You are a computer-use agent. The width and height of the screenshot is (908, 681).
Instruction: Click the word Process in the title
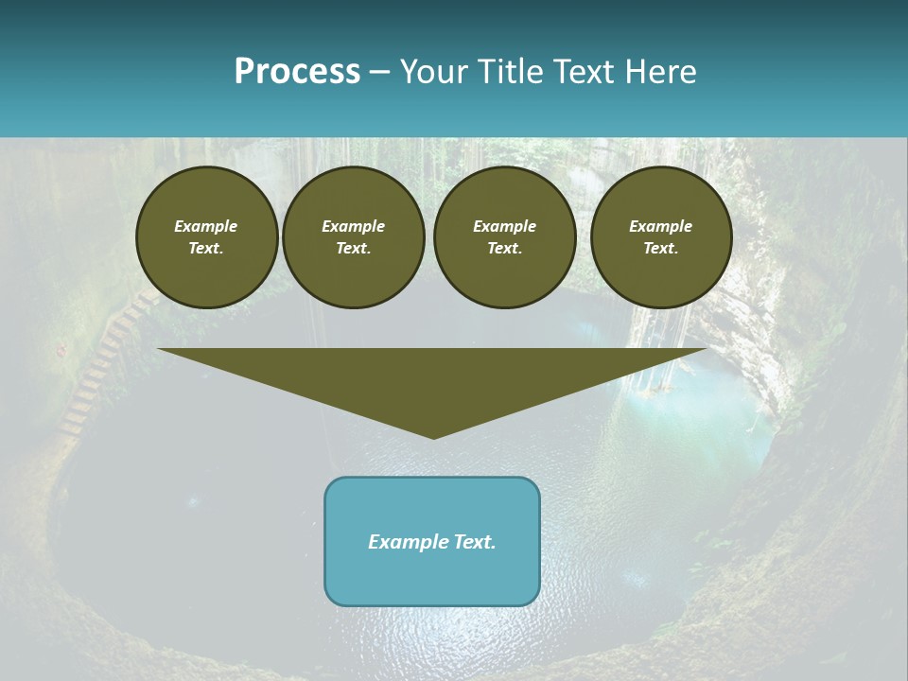[x=297, y=72]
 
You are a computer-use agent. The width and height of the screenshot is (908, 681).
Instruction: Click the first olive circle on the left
[x=207, y=237]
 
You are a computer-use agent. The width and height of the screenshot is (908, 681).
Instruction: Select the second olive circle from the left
[x=354, y=237]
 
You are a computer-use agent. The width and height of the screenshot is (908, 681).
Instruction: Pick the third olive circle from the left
[x=505, y=237]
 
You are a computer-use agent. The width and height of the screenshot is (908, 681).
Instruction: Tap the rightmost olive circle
[x=661, y=237]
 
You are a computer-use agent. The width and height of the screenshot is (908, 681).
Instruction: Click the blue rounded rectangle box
[x=432, y=541]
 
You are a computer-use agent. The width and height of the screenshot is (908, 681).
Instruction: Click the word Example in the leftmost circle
[x=206, y=226]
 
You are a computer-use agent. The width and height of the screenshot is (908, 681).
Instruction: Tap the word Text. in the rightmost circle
[x=661, y=249]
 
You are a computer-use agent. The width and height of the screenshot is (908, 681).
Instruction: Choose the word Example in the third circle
[x=505, y=226]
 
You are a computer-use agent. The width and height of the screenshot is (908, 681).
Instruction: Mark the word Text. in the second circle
[x=354, y=249]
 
